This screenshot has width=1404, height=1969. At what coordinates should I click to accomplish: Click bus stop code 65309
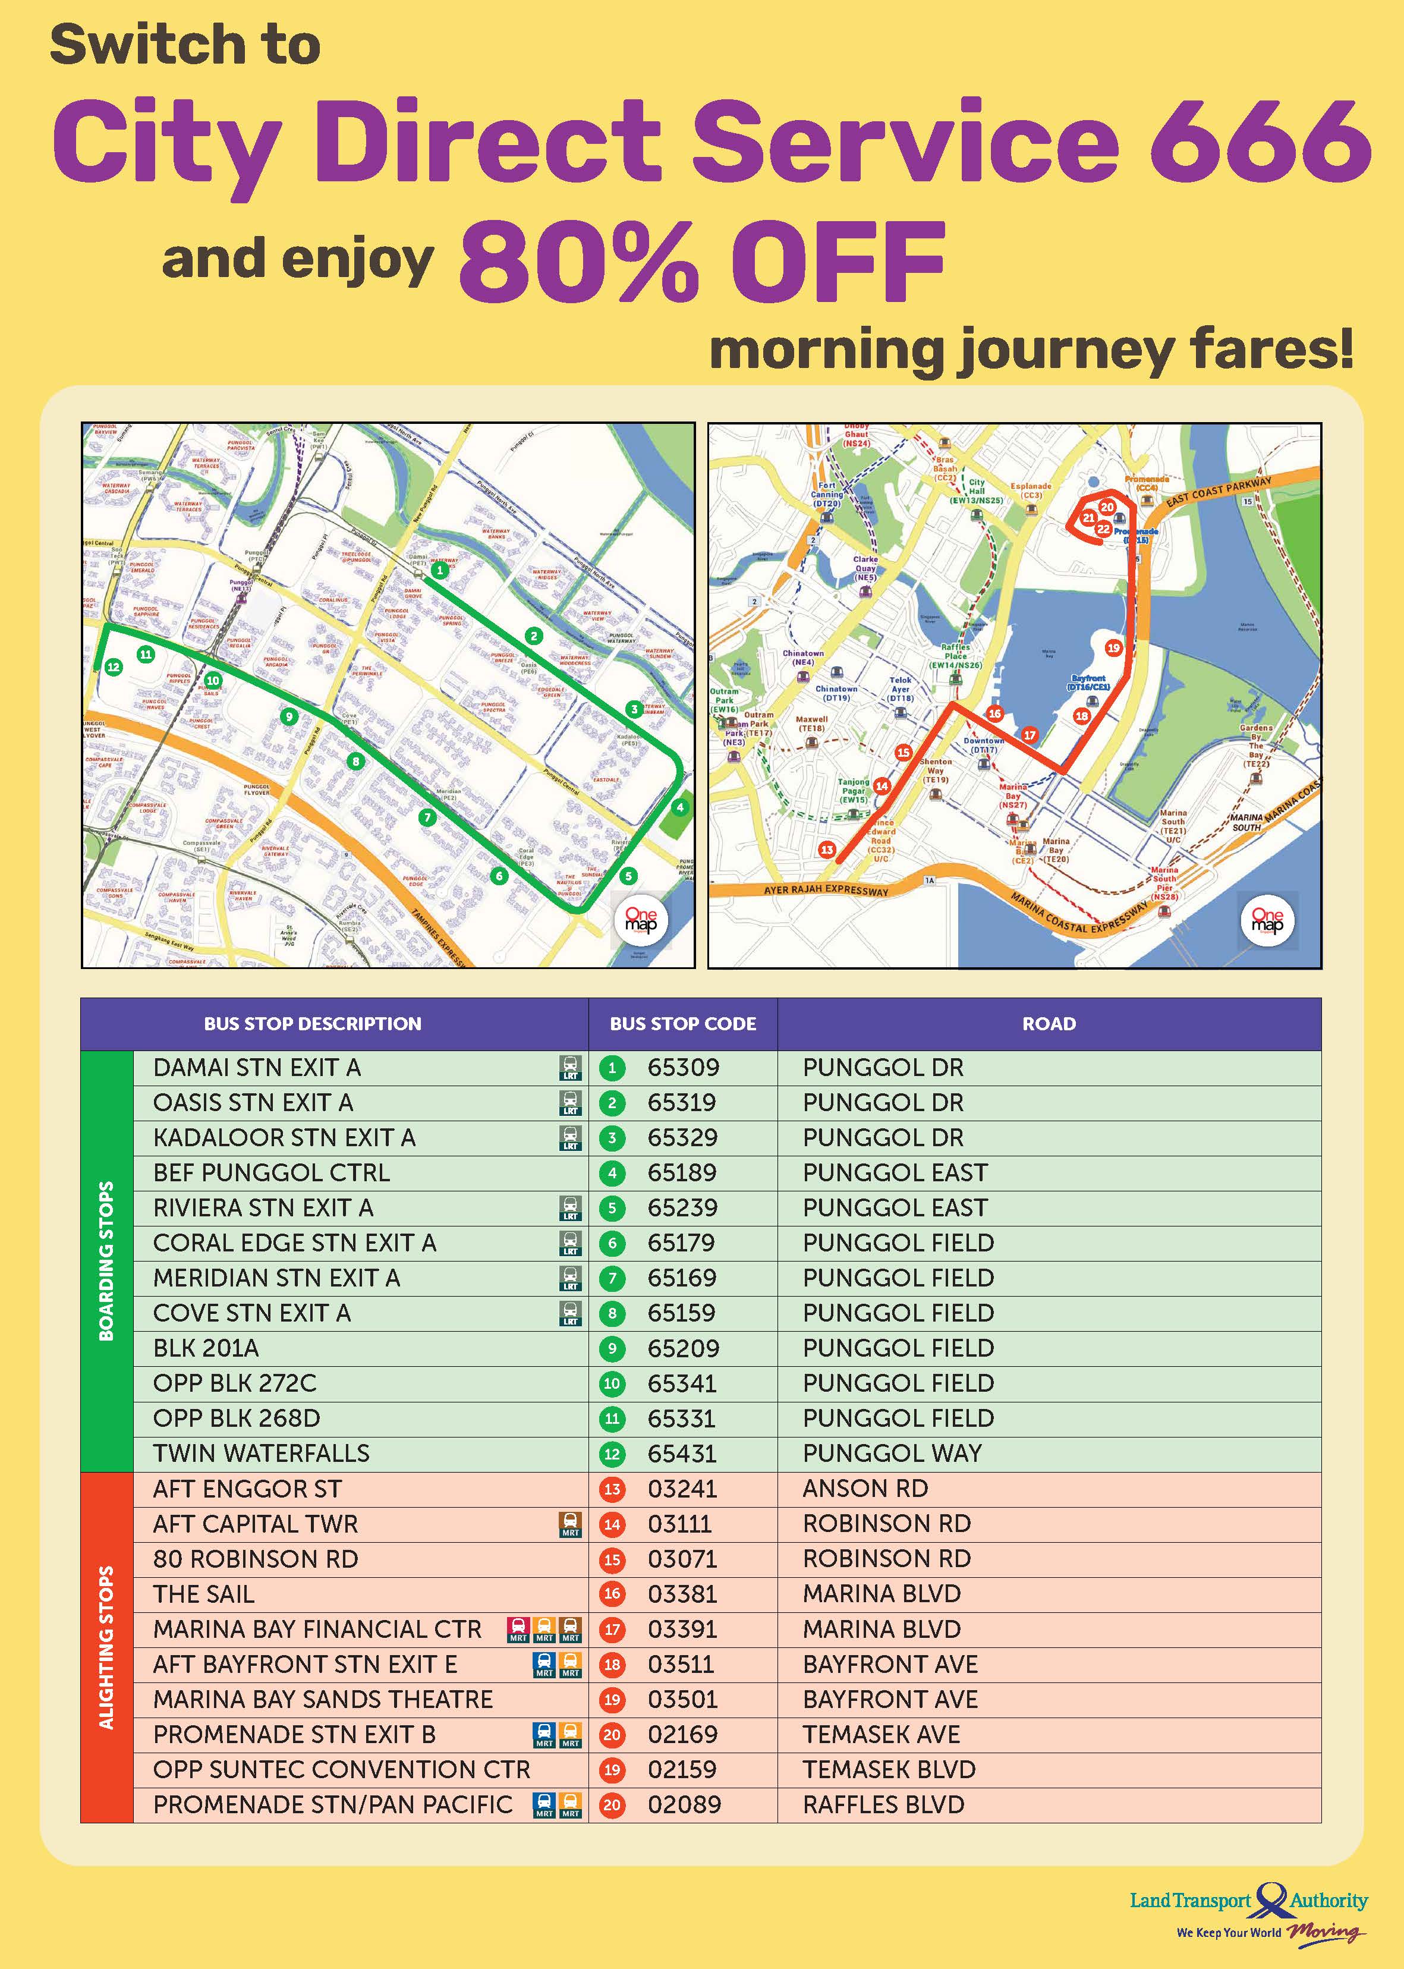[682, 1068]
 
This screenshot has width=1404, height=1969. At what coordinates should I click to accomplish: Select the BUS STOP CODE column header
[682, 1024]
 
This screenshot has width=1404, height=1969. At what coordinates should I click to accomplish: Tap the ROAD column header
[1049, 1024]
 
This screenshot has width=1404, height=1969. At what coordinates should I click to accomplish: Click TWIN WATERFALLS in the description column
[261, 1454]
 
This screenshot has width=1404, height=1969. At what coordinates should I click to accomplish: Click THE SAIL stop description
[203, 1594]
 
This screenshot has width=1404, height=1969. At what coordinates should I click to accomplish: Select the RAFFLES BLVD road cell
[883, 1806]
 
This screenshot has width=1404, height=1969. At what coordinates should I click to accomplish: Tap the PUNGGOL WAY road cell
[892, 1454]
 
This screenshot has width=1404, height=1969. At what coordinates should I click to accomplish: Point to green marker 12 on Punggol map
[114, 666]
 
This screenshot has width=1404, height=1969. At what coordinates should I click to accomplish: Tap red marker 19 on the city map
[1113, 647]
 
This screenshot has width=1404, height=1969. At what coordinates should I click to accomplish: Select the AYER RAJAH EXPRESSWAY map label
[826, 890]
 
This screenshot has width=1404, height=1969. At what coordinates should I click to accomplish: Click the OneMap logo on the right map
[1267, 920]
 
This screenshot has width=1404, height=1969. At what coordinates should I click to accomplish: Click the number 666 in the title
[1261, 141]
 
